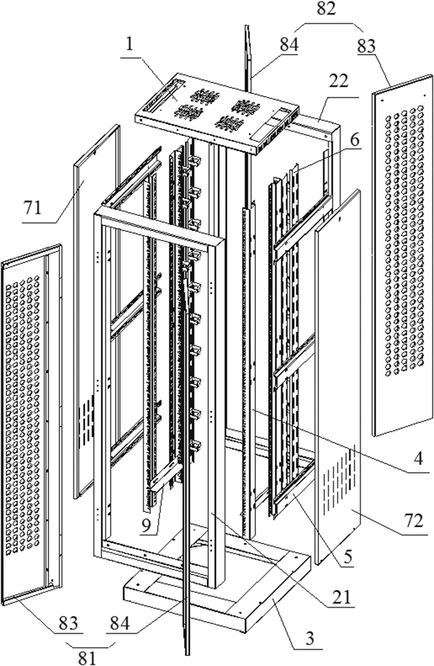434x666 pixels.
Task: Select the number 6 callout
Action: point(354,140)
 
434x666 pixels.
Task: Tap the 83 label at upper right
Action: point(366,46)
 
